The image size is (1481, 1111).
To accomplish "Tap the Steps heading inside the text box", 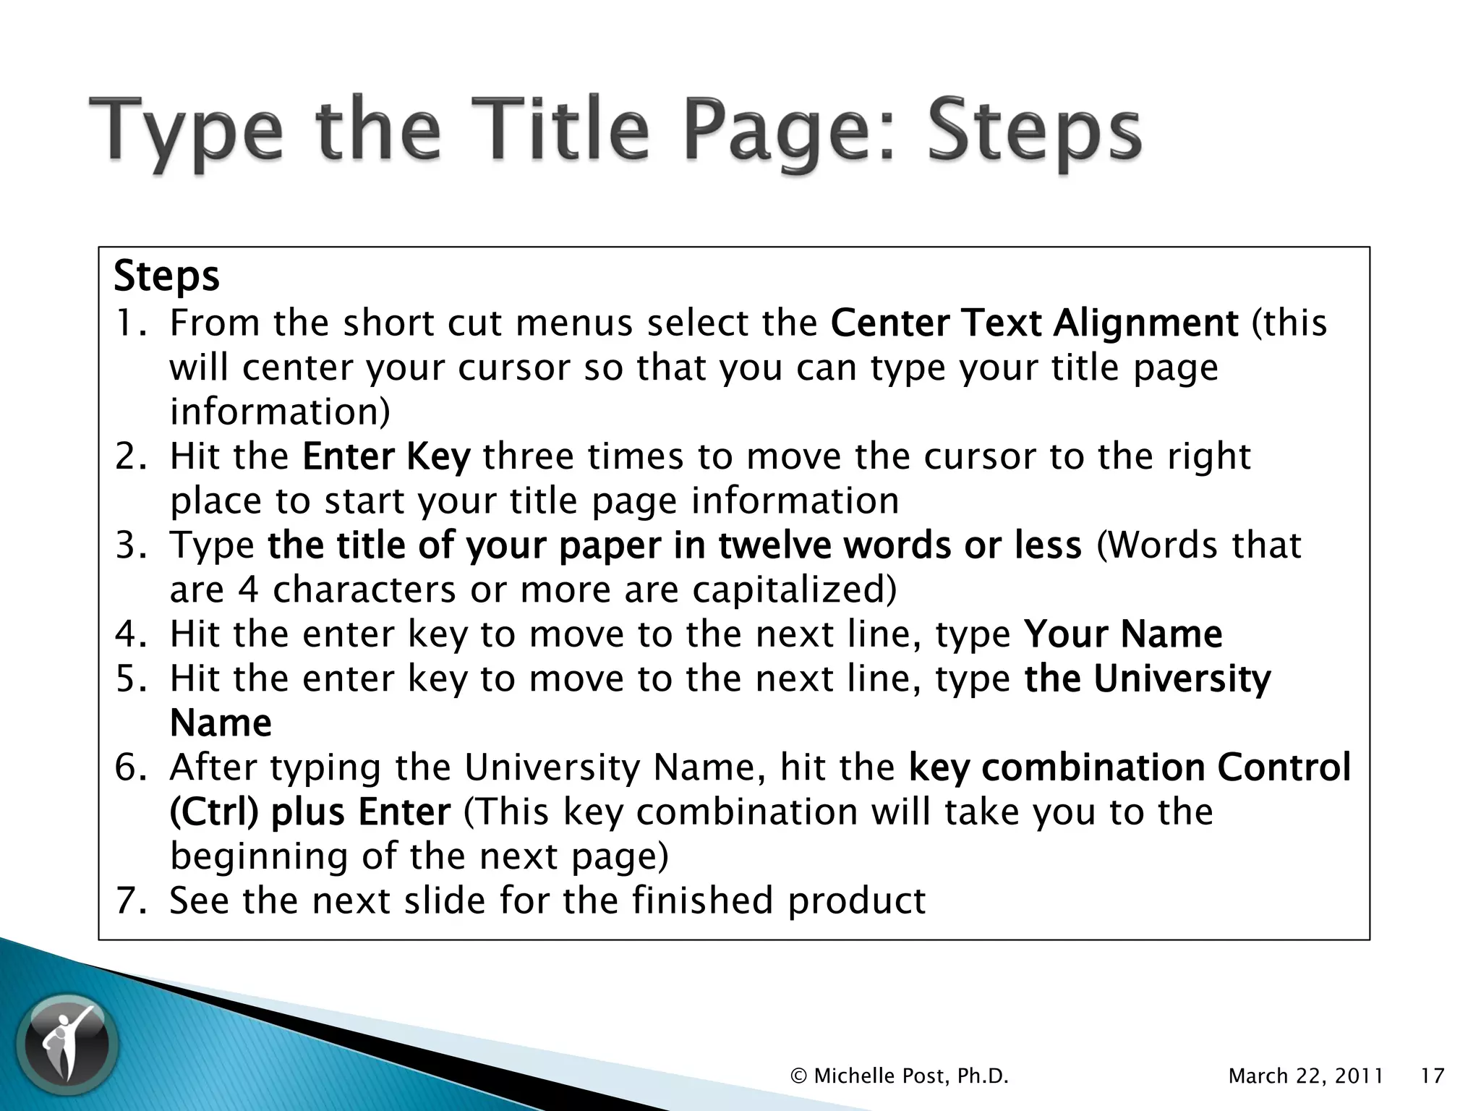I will [x=166, y=276].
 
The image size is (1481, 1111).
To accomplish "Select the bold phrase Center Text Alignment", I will [x=1034, y=323].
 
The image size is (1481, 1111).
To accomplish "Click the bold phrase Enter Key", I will [x=386, y=456].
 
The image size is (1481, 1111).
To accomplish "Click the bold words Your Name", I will [x=1123, y=634].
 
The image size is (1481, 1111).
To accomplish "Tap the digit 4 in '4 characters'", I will [x=248, y=590].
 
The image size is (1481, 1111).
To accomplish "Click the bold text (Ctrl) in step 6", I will [x=214, y=812].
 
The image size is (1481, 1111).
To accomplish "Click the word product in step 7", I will [x=856, y=901].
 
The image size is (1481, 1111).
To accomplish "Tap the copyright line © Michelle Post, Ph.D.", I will [x=900, y=1076].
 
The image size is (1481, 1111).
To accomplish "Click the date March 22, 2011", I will [x=1306, y=1076].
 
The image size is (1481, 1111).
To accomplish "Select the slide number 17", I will [x=1432, y=1076].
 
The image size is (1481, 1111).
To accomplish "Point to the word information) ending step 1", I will [x=280, y=412].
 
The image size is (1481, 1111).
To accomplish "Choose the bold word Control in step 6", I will [x=1284, y=767].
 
